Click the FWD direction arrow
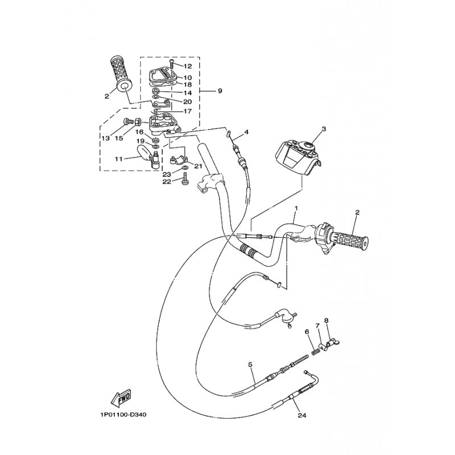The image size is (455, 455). pyautogui.click(x=121, y=397)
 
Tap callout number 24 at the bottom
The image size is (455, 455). pyautogui.click(x=302, y=416)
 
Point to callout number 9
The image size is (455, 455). pyautogui.click(x=220, y=91)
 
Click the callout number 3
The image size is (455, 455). pyautogui.click(x=324, y=129)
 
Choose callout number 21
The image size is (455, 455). pyautogui.click(x=197, y=166)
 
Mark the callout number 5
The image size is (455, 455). pyautogui.click(x=250, y=364)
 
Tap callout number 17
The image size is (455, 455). pyautogui.click(x=187, y=111)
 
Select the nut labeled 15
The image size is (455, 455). pyautogui.click(x=138, y=122)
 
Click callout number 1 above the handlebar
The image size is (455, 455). pyautogui.click(x=296, y=208)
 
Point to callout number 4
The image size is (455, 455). pyautogui.click(x=246, y=133)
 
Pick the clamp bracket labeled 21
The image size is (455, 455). pyautogui.click(x=179, y=160)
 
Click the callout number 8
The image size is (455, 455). pyautogui.click(x=326, y=321)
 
